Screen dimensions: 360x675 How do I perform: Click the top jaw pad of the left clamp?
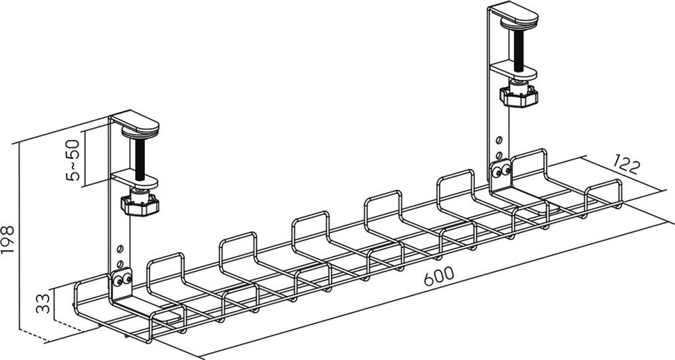(x=135, y=124)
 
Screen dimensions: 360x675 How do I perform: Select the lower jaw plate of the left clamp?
(x=136, y=178)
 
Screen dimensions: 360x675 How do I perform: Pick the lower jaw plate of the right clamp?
(x=512, y=68)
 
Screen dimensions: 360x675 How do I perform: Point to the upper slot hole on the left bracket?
(x=120, y=249)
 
